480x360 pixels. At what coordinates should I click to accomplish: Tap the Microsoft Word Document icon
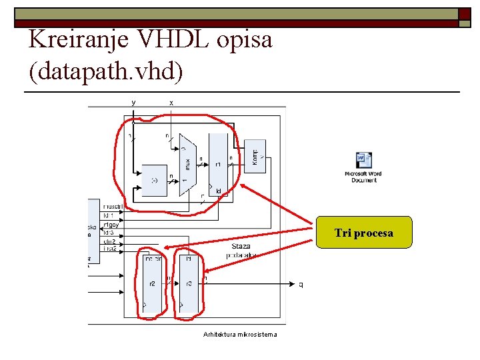point(364,167)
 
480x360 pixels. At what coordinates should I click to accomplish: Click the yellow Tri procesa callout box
point(364,233)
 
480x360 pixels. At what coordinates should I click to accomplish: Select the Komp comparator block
point(255,157)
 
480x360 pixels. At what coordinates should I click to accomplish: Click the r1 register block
point(218,164)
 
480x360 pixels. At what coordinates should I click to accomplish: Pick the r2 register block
point(153,284)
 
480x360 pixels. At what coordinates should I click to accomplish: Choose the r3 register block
point(189,284)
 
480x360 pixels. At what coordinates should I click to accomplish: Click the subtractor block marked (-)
point(155,180)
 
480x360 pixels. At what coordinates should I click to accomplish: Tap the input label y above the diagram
point(134,103)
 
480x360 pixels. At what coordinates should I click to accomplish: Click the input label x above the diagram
point(171,103)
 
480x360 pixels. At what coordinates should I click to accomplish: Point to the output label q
point(301,285)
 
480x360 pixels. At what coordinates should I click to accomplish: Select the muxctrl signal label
point(113,207)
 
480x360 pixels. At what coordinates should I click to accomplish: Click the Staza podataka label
point(240,251)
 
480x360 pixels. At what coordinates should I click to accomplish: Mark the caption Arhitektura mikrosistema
point(240,334)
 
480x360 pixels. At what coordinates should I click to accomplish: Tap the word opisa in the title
point(245,40)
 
